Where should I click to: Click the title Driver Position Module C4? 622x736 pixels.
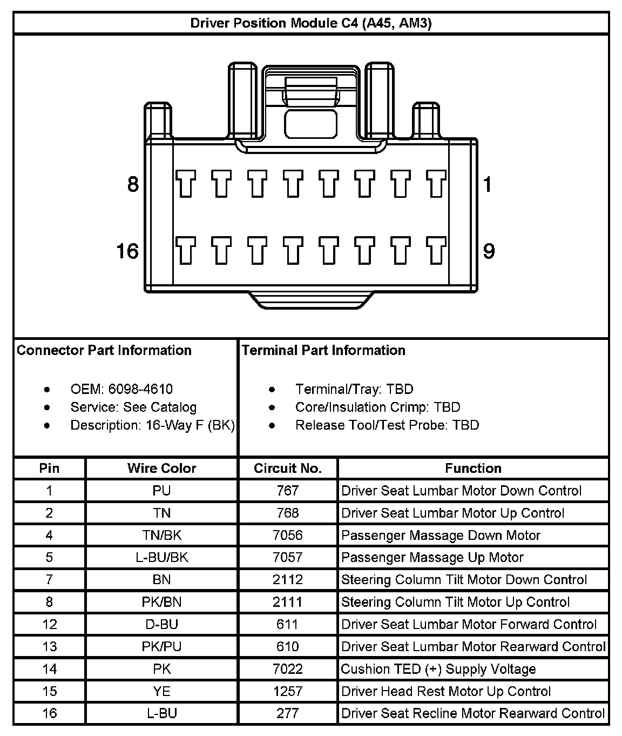[311, 23]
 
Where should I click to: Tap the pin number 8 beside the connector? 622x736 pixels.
[133, 185]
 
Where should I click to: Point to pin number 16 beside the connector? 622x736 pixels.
[127, 251]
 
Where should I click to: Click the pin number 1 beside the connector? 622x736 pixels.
[488, 185]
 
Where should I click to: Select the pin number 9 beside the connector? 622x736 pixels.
[489, 251]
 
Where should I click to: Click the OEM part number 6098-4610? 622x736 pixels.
[140, 389]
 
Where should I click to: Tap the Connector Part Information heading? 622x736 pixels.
[104, 350]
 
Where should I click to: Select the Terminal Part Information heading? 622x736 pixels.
[323, 350]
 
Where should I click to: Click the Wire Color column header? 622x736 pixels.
[161, 468]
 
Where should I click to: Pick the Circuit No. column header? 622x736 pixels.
[287, 468]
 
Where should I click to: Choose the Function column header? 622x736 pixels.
[473, 468]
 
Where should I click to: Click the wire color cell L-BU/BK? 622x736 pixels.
[161, 557]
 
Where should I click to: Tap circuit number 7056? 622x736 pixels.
[287, 535]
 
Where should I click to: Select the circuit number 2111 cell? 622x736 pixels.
[287, 602]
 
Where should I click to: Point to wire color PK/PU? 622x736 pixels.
[161, 646]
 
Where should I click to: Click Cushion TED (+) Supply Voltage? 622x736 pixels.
[438, 669]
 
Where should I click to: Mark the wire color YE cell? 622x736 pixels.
[161, 691]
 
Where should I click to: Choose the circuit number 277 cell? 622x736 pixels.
[287, 713]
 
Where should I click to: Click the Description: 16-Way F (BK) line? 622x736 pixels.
[152, 425]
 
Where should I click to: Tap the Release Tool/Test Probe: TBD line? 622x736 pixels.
[387, 425]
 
